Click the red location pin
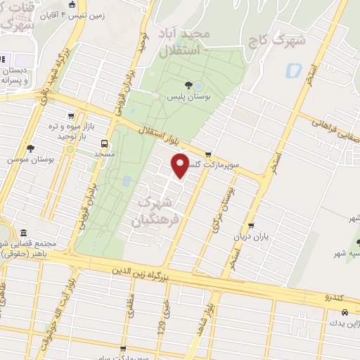click(x=181, y=165)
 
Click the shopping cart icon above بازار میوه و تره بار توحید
click(x=70, y=117)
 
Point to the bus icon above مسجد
click(x=105, y=140)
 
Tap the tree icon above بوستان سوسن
click(x=30, y=148)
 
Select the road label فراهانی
click(x=328, y=124)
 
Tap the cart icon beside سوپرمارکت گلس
click(x=207, y=155)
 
